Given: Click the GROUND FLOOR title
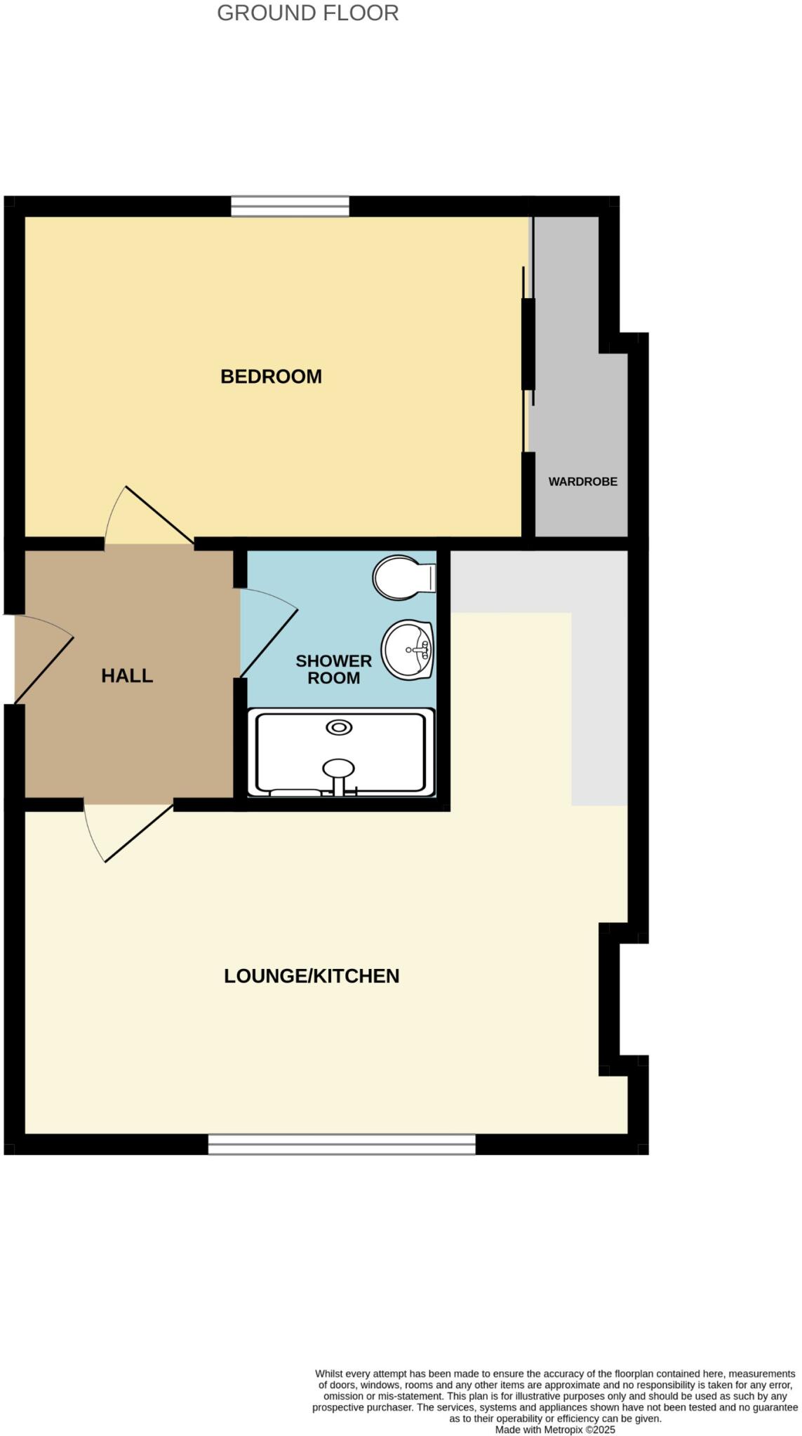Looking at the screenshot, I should coord(307,13).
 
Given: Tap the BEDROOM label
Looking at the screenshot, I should coord(271,377).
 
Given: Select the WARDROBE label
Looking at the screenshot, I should coord(582,482).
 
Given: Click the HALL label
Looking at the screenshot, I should coord(127,676).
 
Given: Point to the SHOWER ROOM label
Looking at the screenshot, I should coord(333,670).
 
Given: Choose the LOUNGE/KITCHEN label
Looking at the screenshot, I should coord(312,976).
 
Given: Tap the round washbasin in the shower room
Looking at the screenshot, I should coord(408,650).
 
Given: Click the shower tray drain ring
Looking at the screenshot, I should coord(339,728).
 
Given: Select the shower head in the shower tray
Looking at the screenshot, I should coord(339,768).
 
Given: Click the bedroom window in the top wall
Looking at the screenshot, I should coord(290,206).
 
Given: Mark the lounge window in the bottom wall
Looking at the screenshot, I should coord(342,1144).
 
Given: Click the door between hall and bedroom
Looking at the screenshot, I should coord(159,515).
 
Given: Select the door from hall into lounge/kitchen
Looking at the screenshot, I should coord(139,834).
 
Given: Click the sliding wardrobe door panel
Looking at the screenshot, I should coord(528,344).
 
